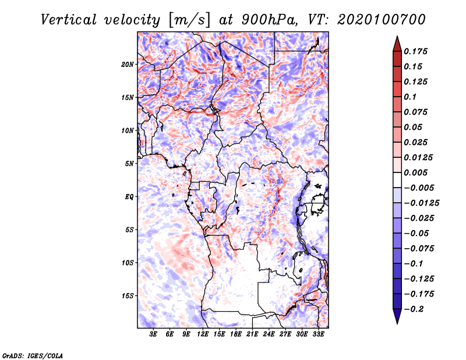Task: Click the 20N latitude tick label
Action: pos(128,65)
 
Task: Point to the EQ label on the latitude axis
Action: pos(129,197)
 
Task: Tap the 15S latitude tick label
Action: pos(128,296)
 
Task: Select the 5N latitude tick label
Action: pos(129,164)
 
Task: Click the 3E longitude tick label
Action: pos(153,334)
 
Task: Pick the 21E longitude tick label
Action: pos(252,334)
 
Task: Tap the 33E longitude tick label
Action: pos(318,334)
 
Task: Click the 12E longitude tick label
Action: pos(202,334)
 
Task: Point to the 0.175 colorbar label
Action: pos(415,51)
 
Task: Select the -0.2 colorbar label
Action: pos(414,309)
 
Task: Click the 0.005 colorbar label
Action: pos(415,172)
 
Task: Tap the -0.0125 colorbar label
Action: pos(421,203)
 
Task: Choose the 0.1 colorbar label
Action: pos(410,97)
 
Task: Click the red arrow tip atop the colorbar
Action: pos(397,36)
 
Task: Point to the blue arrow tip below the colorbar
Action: pos(397,323)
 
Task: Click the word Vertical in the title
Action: pos(68,20)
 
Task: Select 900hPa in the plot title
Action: pos(269,20)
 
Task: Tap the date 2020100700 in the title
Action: pos(382,20)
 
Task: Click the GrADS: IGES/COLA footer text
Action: pos(33,355)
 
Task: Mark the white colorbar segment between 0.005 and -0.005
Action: pos(397,180)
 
